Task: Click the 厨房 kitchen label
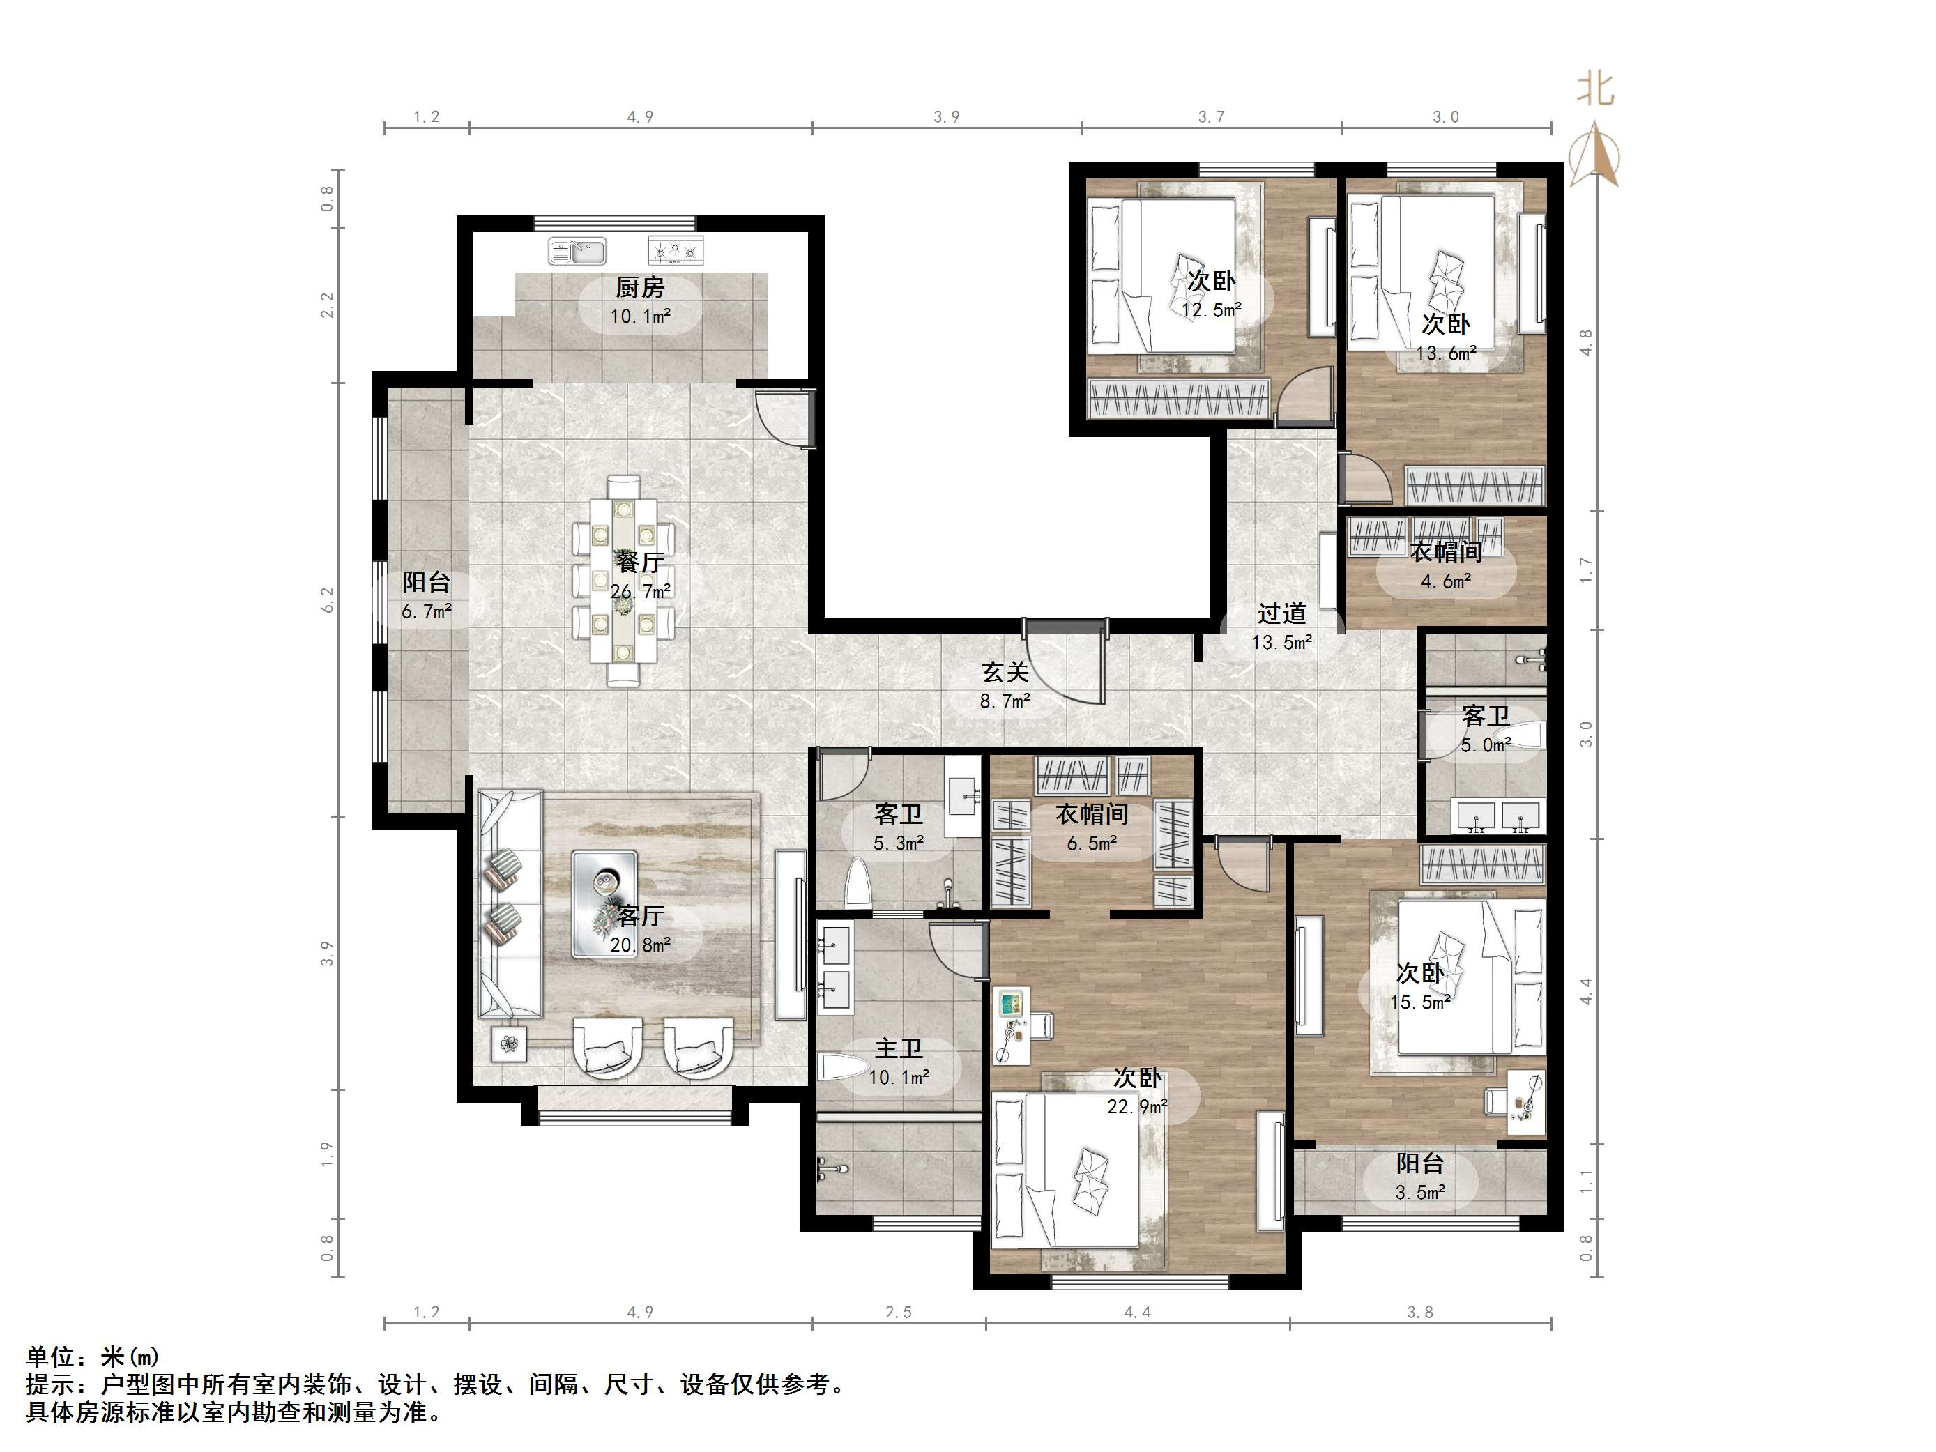click(x=640, y=287)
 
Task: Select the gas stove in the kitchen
click(x=676, y=251)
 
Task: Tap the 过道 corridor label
click(x=1281, y=613)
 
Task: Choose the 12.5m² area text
click(x=1212, y=309)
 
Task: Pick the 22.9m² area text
click(x=1137, y=1107)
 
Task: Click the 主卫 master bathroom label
click(x=899, y=1048)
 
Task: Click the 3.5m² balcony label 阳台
click(x=1419, y=1163)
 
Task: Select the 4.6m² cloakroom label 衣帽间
click(x=1446, y=552)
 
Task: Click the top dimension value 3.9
click(x=946, y=116)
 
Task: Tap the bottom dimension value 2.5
click(x=898, y=1312)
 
